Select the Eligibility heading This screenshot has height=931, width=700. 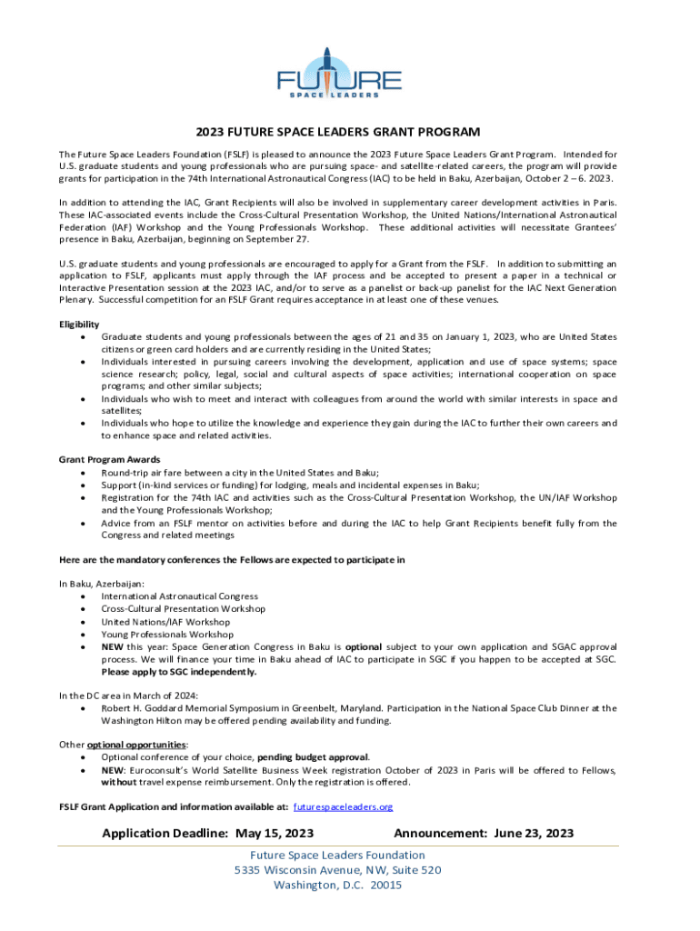point(79,325)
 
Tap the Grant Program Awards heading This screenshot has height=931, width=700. point(109,459)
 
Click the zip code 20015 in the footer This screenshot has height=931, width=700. point(386,885)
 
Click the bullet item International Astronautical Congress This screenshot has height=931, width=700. point(179,596)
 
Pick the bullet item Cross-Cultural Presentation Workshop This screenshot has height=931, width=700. point(183,608)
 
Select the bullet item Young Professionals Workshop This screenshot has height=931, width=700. point(167,634)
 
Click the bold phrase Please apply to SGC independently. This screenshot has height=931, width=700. point(179,672)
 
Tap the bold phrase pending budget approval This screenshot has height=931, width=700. point(314,756)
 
